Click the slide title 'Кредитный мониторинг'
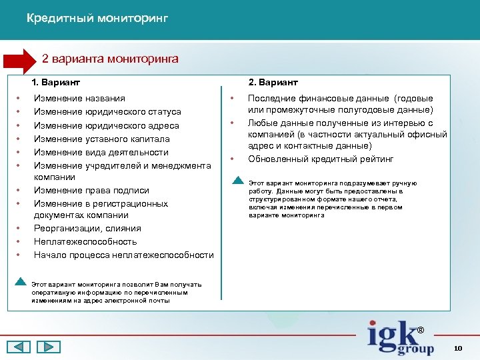coord(97,19)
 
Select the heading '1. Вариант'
coord(56,82)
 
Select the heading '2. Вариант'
coord(273,82)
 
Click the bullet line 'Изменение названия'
coord(79,99)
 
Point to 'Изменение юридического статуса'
coord(107,112)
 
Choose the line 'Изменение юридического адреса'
coord(106,125)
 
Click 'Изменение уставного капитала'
coord(101,139)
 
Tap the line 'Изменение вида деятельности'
coord(101,152)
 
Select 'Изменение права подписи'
coord(91,191)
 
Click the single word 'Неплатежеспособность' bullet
coord(85,241)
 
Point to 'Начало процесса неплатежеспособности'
coord(123,255)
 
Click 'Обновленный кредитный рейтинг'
coord(321,159)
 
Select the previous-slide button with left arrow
coord(19,347)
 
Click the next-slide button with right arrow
coord(48,347)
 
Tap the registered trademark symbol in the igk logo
coord(420,330)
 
